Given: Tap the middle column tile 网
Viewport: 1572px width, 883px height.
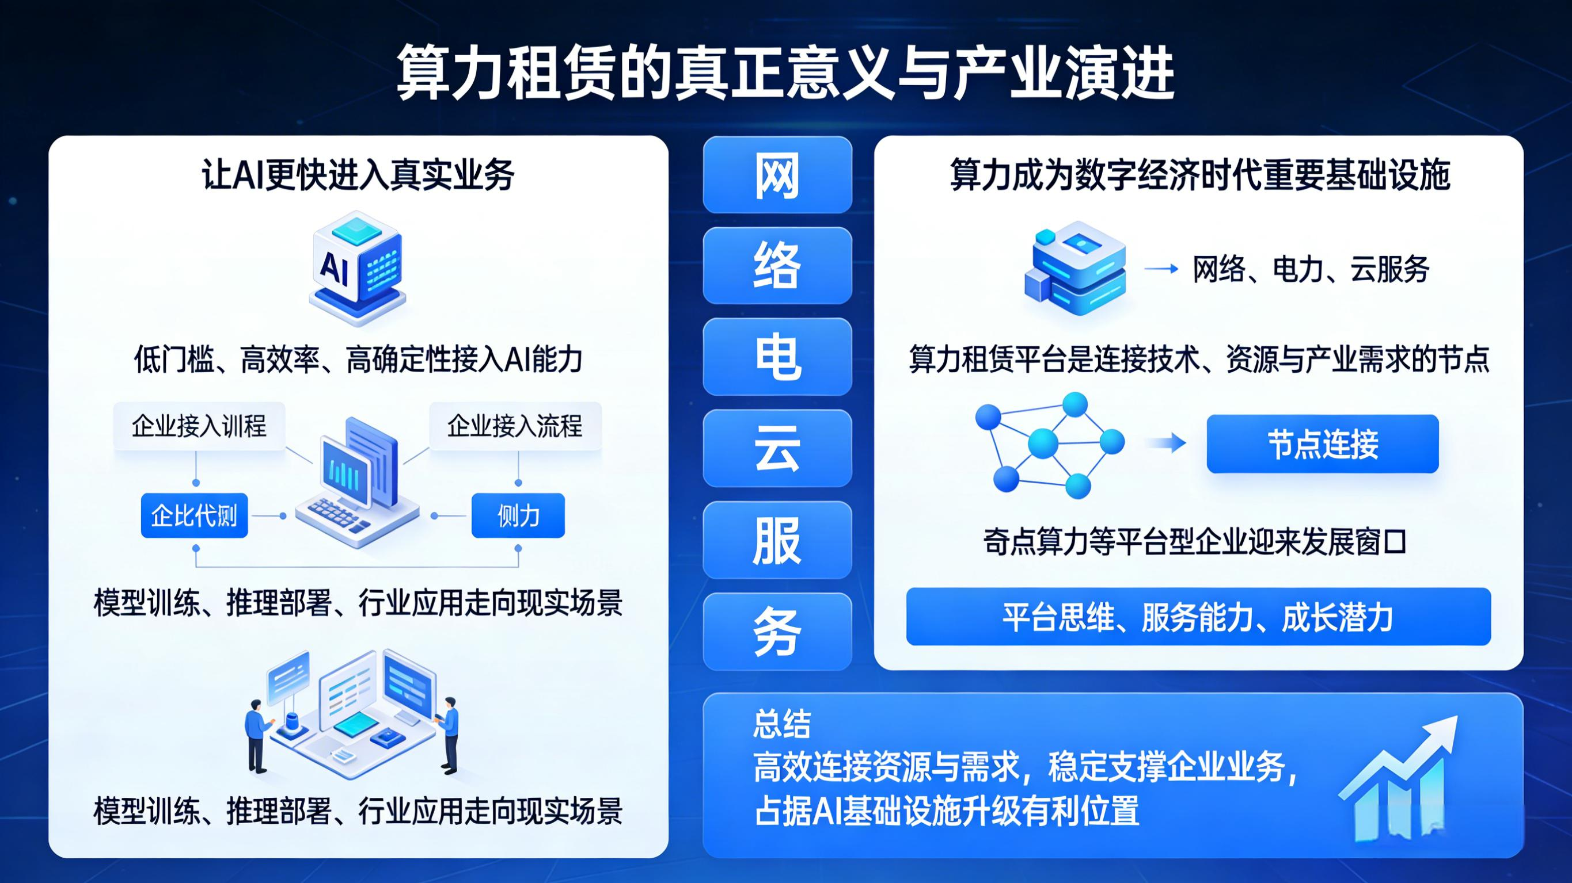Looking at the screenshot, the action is pos(777,175).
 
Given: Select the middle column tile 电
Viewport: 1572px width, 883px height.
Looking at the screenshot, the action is pos(777,357).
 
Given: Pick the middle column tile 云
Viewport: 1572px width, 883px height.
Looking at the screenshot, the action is pos(777,448).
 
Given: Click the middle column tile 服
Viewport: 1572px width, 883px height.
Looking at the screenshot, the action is pos(777,540).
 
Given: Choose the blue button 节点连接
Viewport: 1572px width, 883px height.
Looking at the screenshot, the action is pos(1323,444).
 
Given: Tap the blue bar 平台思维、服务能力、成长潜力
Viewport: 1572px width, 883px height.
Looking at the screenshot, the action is pos(1198,617).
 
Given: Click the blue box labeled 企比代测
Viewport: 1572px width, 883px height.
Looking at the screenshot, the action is pos(194,516).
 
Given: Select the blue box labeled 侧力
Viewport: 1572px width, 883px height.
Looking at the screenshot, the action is pos(518,516).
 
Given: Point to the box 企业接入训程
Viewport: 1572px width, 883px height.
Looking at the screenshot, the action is pos(199,426).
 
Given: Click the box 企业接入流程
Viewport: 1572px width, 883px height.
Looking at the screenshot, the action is pos(515,426).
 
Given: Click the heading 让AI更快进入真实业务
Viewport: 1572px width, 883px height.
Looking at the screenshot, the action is pos(358,175).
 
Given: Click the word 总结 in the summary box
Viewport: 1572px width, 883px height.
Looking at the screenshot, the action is pos(782,724).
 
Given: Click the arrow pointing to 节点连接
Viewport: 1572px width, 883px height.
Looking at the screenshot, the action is pos(1165,444).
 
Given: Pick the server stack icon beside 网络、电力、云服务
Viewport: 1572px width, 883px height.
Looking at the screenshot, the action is pos(1075,268).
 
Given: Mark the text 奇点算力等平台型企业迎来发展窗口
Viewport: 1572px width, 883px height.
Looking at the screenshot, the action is pos(1194,542).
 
